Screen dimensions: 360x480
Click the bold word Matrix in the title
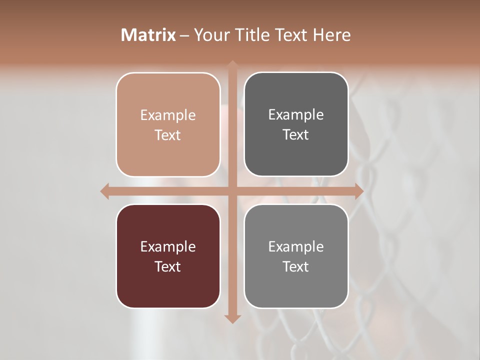148,35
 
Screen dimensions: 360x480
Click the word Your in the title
210,35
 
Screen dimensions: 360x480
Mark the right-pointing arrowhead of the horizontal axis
359,191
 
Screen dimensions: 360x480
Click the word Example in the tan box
168,115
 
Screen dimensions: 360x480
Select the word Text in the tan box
168,135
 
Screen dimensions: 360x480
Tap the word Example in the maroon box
168,247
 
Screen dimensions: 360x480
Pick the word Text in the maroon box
168,266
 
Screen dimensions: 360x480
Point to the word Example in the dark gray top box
296,115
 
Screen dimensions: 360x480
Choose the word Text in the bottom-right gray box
296,266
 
